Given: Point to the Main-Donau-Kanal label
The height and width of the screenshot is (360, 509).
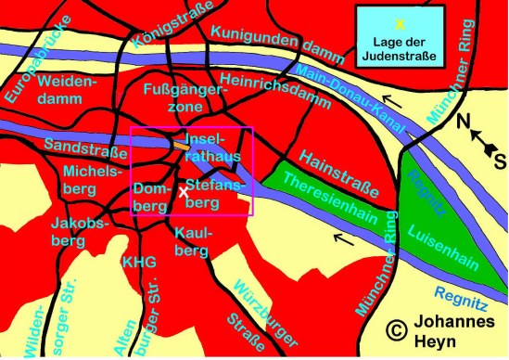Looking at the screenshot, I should [348, 87].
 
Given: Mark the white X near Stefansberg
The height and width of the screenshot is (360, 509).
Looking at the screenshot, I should [185, 193].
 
